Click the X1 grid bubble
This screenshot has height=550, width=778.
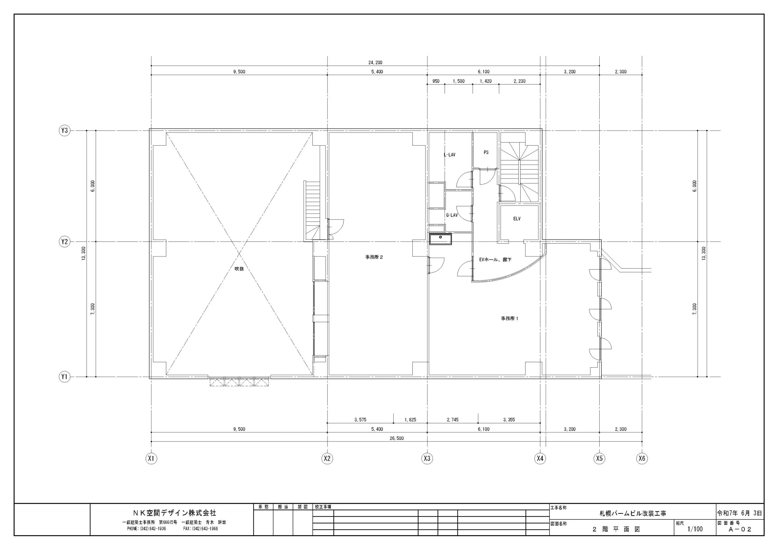tap(151, 459)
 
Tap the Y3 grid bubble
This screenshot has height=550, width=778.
tap(64, 130)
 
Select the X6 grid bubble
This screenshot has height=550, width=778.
tap(642, 459)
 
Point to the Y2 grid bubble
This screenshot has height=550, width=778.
tap(64, 242)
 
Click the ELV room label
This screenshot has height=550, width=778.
tap(517, 218)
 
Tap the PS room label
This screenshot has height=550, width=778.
tap(486, 152)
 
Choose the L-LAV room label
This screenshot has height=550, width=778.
tap(450, 155)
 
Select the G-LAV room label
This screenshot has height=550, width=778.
tap(452, 215)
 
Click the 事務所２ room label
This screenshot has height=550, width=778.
tap(374, 257)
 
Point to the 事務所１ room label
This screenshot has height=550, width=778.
tap(510, 318)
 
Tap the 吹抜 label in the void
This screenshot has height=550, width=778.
tap(239, 269)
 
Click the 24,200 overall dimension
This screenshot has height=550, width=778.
tap(375, 62)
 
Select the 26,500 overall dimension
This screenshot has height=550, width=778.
tap(397, 438)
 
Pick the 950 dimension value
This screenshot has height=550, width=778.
tap(436, 81)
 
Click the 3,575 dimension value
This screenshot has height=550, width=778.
tap(360, 420)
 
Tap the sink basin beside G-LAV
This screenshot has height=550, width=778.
tap(440, 239)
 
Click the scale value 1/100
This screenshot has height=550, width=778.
tap(695, 529)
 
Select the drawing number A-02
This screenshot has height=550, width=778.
tap(740, 529)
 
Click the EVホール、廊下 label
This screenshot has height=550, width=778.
tap(495, 260)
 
